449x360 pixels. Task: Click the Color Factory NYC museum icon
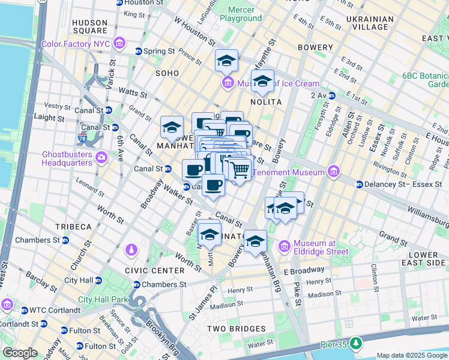pyautogui.click(x=119, y=44)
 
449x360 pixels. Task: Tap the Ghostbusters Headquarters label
pyautogui.click(x=66, y=158)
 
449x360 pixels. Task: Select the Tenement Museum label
pyautogui.click(x=290, y=173)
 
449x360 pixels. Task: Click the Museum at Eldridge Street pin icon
pyautogui.click(x=284, y=247)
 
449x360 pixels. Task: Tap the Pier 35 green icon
pyautogui.click(x=357, y=343)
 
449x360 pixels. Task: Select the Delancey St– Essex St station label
pyautogui.click(x=402, y=184)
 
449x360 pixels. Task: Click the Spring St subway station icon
pyautogui.click(x=139, y=52)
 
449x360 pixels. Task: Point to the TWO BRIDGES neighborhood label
pyautogui.click(x=236, y=329)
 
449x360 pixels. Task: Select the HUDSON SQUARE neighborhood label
pyautogui.click(x=89, y=26)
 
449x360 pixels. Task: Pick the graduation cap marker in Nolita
pyautogui.click(x=262, y=81)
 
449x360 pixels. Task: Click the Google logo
pyautogui.click(x=19, y=353)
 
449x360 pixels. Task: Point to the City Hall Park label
pyautogui.click(x=103, y=299)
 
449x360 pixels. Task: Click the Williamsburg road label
pyautogui.click(x=427, y=211)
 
